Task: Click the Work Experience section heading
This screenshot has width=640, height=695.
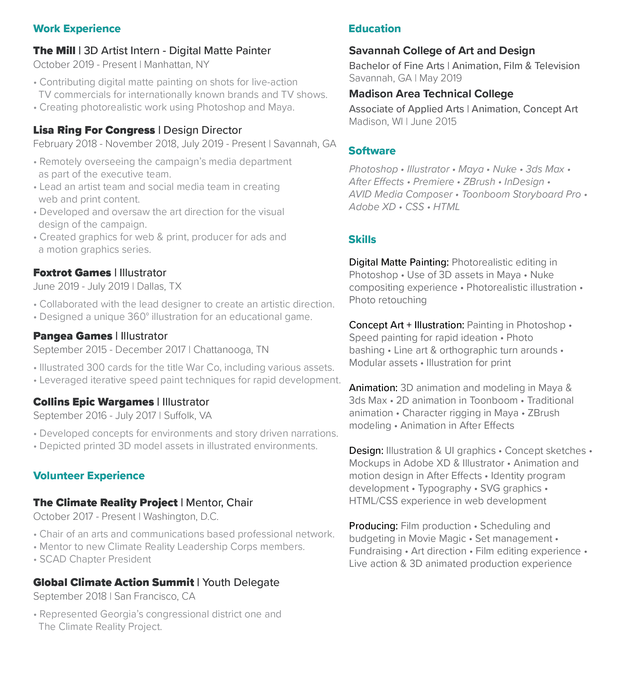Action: point(77,29)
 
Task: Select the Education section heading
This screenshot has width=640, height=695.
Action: point(374,29)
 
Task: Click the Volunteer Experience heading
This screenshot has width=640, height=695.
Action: point(89,476)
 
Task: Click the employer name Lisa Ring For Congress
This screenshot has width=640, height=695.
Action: point(94,130)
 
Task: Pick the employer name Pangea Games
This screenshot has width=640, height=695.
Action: point(73,336)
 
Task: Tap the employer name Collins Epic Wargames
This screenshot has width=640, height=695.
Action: point(94,402)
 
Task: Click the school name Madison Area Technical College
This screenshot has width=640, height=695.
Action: point(431,94)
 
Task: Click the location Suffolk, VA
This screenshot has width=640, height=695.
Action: point(188,415)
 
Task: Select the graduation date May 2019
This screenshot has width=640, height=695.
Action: point(441,78)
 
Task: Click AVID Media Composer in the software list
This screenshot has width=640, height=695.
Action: point(401,194)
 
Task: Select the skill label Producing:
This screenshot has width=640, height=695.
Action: point(373,526)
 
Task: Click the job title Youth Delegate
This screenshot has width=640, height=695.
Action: point(241,583)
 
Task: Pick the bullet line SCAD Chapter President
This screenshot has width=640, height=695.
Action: point(95,559)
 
